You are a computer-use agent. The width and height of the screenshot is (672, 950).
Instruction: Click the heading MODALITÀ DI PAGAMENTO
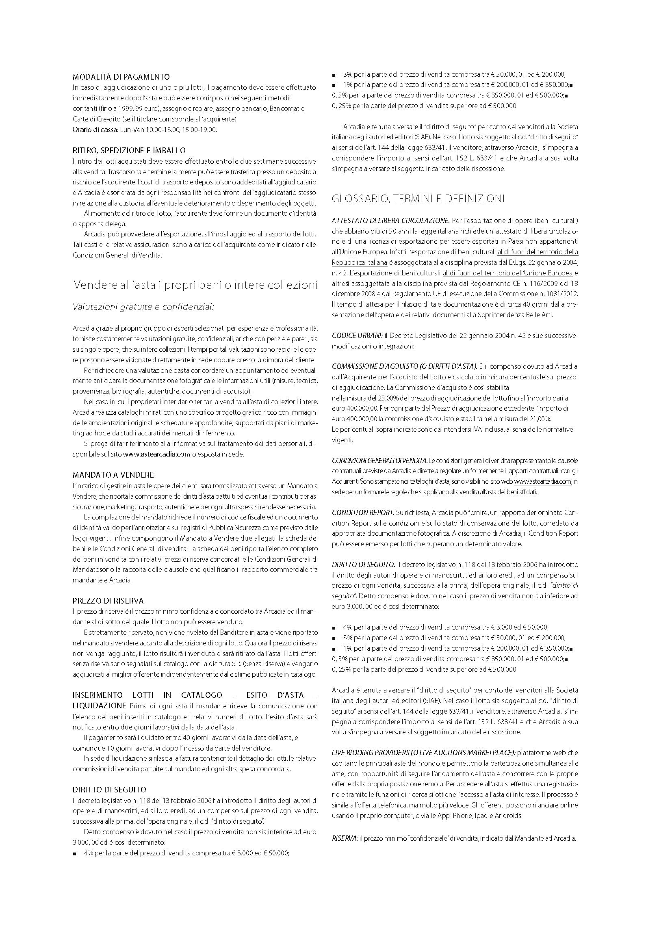click(x=121, y=76)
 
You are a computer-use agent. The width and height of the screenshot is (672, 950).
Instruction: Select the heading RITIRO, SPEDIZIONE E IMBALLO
click(x=129, y=150)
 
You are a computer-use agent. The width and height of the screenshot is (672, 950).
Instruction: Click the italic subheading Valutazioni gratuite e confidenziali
click(x=143, y=307)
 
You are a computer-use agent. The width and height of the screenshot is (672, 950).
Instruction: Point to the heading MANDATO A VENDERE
click(x=113, y=474)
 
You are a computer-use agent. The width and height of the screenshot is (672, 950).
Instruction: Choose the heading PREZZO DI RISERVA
click(x=108, y=600)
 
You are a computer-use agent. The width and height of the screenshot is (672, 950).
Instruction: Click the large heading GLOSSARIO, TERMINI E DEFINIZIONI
click(x=418, y=199)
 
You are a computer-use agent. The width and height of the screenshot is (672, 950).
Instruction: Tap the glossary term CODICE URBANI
click(x=358, y=335)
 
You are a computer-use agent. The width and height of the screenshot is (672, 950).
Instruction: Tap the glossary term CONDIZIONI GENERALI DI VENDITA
click(x=379, y=460)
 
